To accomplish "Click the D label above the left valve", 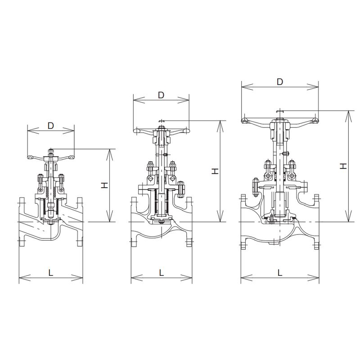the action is click(51, 126).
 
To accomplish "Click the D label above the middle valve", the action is click(161, 95).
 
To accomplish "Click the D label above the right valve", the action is click(279, 81).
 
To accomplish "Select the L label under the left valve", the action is click(51, 273).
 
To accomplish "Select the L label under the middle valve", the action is click(162, 273).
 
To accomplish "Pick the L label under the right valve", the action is click(279, 273).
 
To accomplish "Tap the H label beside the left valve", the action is click(104, 185).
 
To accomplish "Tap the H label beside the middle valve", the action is click(215, 171).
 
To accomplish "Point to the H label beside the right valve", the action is click(343, 166).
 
